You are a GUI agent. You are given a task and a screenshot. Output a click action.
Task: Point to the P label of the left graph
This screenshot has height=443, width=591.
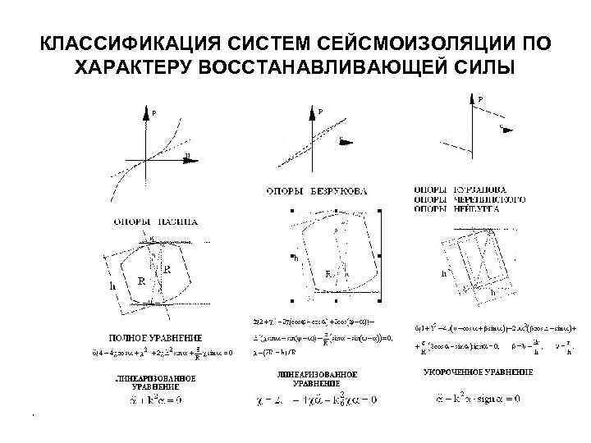click(153, 115)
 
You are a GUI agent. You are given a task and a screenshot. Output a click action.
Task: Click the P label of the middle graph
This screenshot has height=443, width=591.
click(320, 112)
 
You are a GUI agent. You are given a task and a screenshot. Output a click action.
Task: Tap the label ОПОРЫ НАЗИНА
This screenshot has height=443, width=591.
click(156, 221)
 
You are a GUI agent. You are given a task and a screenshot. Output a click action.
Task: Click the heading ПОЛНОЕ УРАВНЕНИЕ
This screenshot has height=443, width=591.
click(156, 338)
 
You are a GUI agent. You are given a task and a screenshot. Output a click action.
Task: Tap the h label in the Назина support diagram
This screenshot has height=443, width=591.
click(112, 286)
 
